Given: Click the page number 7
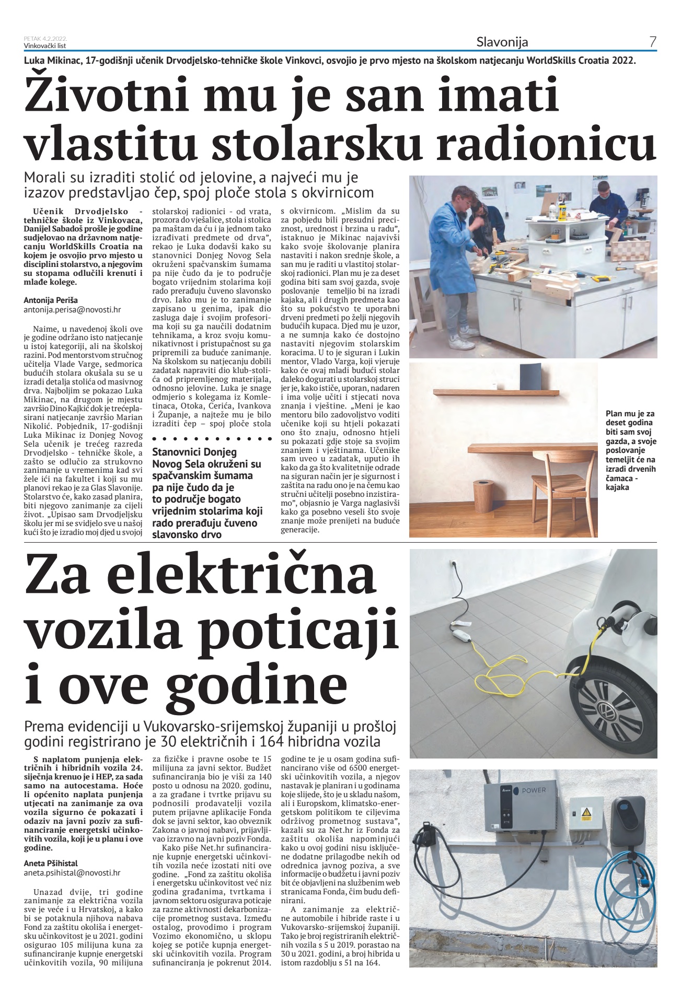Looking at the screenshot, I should click(652, 42).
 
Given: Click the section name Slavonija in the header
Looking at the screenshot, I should click(502, 42).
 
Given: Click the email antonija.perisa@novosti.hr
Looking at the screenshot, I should click(72, 309).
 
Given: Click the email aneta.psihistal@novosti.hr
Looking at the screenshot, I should click(72, 872).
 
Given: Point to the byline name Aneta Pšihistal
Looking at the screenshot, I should click(51, 863).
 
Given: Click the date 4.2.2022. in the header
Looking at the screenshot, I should click(55, 38).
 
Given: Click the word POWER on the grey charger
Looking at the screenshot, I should click(534, 790).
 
